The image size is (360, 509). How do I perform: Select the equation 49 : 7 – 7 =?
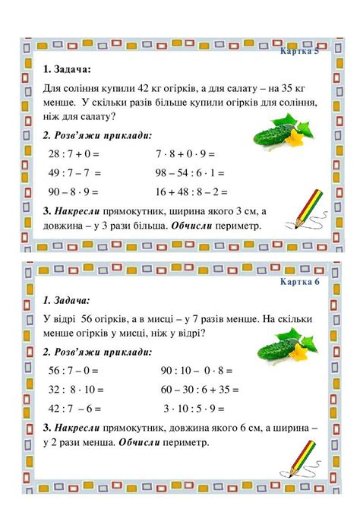tap(74, 173)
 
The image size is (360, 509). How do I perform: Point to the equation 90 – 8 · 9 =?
tap(74, 192)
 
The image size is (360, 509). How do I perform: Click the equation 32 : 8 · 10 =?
tap(74, 389)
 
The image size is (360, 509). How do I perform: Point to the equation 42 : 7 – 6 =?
tap(74, 408)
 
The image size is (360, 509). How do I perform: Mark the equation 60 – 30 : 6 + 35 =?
tap(199, 389)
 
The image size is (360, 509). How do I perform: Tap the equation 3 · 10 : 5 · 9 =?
tap(193, 408)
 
